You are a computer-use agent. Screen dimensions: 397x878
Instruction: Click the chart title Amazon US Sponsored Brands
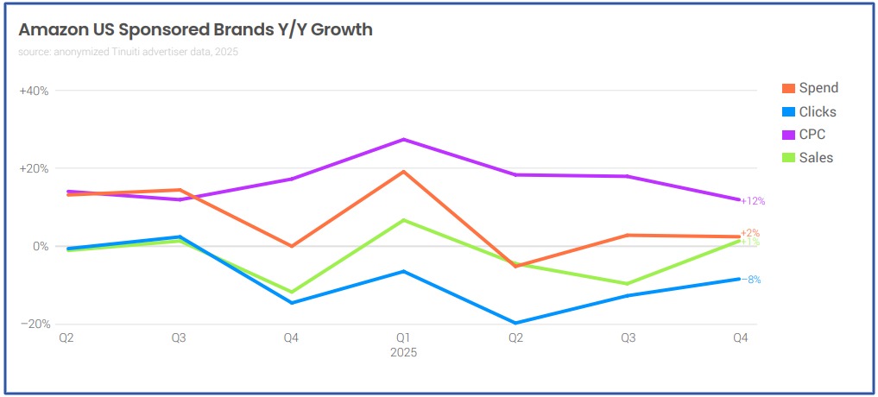pos(196,30)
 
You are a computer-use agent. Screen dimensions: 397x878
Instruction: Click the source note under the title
pos(128,52)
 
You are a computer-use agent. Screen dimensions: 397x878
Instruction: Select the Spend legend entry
pos(818,88)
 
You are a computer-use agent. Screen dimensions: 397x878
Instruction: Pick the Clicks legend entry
pos(817,111)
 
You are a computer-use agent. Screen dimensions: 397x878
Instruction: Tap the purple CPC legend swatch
pos(788,135)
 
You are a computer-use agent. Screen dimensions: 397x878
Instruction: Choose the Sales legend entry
pos(816,157)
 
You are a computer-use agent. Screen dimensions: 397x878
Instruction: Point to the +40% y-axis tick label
pos(34,91)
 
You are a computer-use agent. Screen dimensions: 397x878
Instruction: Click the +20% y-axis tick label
pos(34,168)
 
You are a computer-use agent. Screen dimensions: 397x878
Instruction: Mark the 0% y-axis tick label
pos(39,246)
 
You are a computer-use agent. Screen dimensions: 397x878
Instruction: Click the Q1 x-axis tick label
pos(403,339)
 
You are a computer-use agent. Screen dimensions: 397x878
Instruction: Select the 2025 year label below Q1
pos(403,353)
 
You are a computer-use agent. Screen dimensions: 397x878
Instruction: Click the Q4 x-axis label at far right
pos(740,339)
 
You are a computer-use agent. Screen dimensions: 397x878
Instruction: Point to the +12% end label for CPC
pos(753,201)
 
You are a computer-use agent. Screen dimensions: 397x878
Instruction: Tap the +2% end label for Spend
pos(749,233)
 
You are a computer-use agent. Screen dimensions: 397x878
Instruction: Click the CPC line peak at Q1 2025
pos(403,139)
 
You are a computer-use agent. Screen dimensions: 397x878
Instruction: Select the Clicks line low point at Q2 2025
pos(515,324)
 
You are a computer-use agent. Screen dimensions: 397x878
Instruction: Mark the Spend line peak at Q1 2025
pos(403,171)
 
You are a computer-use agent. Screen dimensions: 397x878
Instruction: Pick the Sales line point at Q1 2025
pos(403,220)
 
